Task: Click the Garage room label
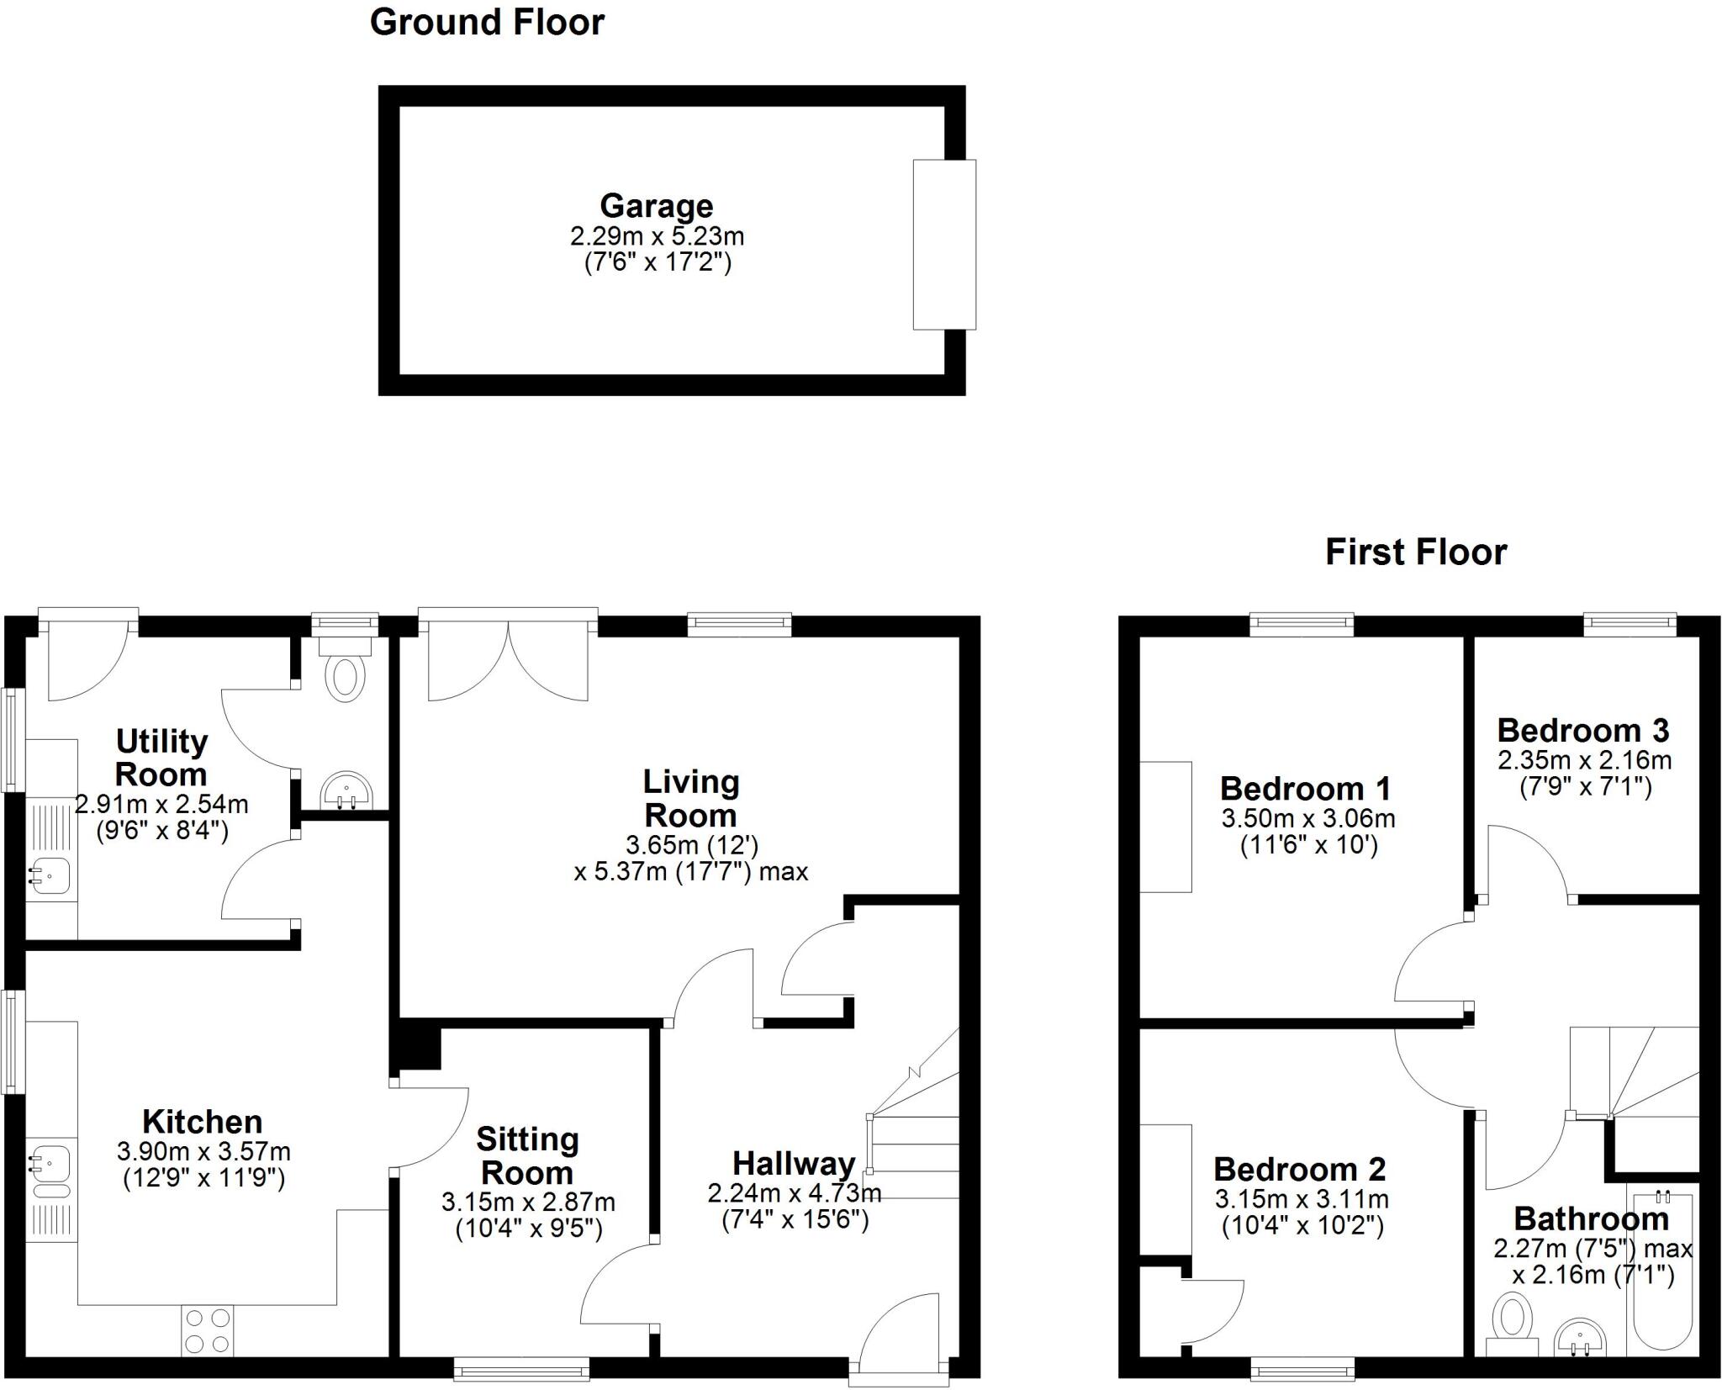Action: [x=656, y=206]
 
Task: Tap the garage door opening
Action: [x=944, y=245]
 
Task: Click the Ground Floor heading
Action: [x=487, y=23]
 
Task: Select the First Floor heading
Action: [x=1416, y=552]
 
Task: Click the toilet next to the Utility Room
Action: [x=345, y=675]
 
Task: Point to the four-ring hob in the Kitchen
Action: [x=207, y=1330]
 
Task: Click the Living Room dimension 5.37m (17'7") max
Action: [x=691, y=872]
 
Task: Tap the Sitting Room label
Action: [x=527, y=1155]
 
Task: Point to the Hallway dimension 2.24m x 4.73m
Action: [x=794, y=1192]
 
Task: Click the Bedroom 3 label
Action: [x=1582, y=730]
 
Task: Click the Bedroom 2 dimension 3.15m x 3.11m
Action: [x=1301, y=1199]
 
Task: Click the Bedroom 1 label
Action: [x=1305, y=789]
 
